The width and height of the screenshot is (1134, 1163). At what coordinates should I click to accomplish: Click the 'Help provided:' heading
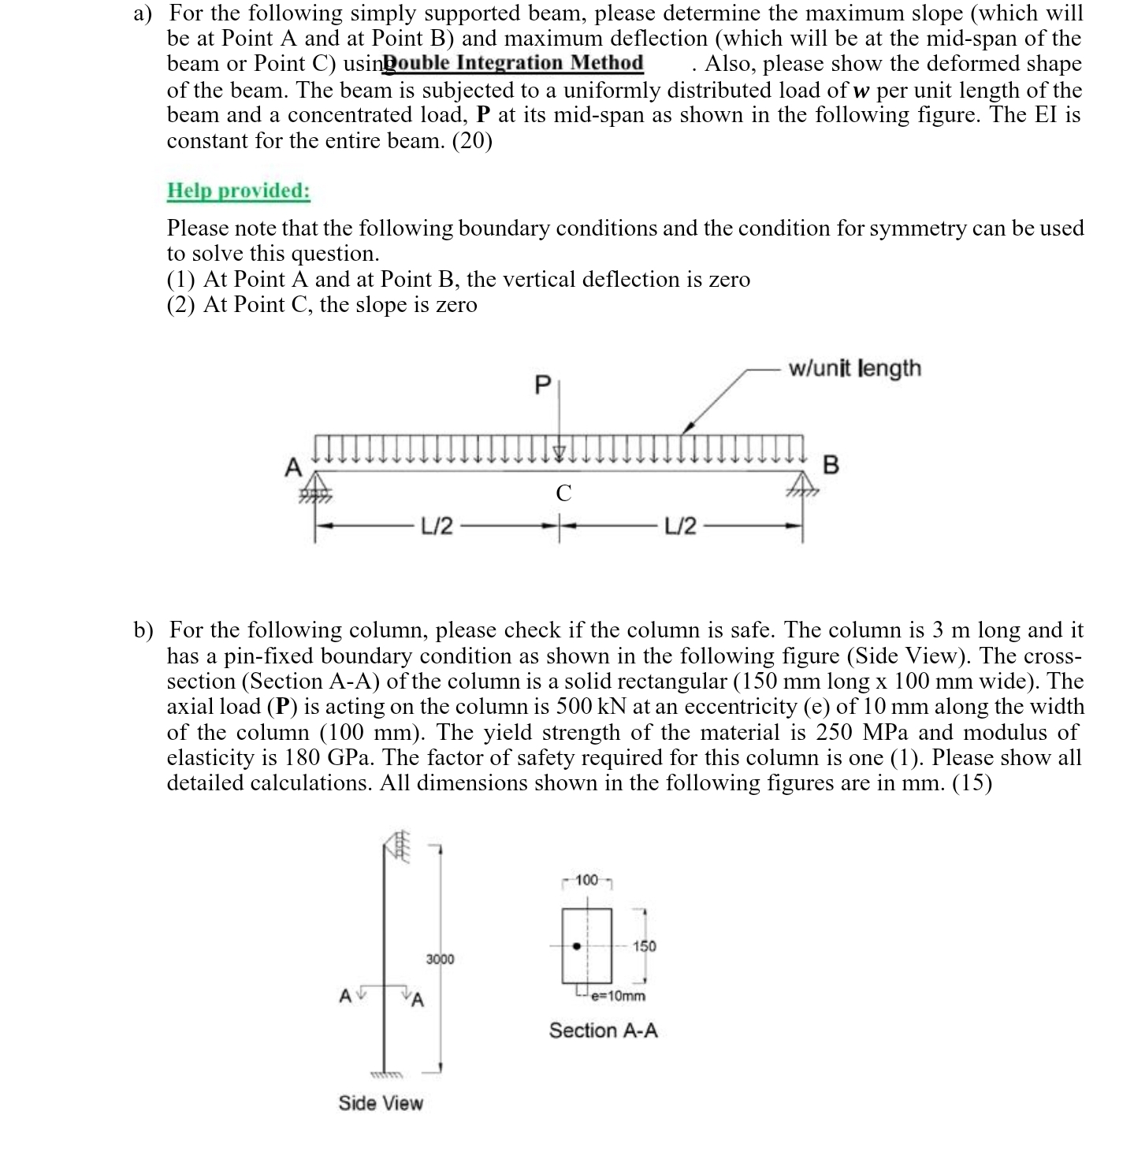238,191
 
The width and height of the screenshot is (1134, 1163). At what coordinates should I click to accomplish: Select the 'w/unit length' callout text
854,368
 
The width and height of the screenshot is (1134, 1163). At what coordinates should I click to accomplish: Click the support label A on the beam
292,466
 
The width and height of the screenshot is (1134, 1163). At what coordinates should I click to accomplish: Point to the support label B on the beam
831,465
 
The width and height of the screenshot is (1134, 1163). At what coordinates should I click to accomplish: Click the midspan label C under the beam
563,494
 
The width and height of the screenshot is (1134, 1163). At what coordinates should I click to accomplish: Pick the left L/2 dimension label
437,526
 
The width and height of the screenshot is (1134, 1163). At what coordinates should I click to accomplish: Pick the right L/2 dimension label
680,526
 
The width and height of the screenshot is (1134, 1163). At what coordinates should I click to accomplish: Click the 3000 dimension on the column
440,959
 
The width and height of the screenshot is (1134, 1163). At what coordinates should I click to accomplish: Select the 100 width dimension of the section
587,879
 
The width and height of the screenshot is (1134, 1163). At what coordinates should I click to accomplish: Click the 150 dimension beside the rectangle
644,946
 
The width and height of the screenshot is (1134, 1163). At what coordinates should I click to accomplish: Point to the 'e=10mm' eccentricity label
617,995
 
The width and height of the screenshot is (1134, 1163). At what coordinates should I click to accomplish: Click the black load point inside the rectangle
577,946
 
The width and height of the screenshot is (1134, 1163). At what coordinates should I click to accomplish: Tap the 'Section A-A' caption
603,1031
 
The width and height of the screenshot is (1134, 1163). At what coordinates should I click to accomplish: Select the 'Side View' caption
381,1103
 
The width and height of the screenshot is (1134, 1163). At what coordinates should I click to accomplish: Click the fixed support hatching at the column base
386,1075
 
